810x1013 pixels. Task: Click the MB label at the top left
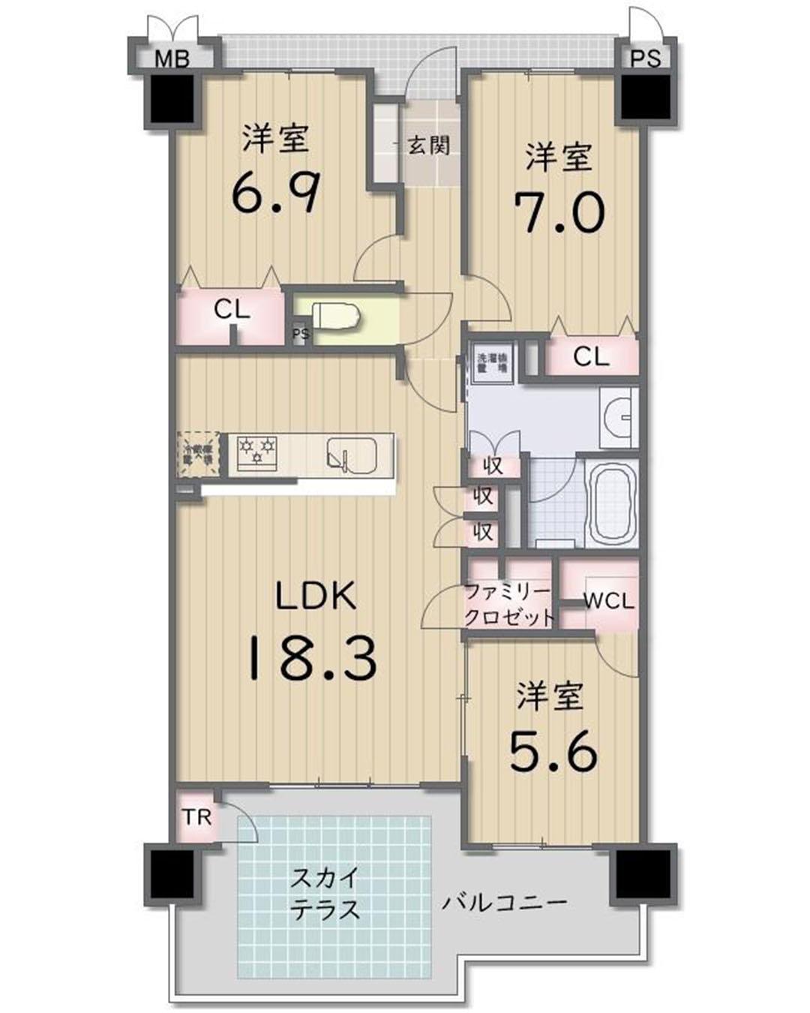[x=172, y=59]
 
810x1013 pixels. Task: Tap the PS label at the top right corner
[x=645, y=59]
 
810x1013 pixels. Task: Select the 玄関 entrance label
[x=428, y=145]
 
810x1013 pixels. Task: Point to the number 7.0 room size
[x=559, y=212]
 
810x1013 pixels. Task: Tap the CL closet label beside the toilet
[x=232, y=309]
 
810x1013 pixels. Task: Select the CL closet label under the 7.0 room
[x=591, y=357]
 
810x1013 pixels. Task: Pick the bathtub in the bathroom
[x=611, y=503]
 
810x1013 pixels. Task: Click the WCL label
[x=608, y=601]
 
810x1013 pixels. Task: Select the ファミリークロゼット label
[x=508, y=605]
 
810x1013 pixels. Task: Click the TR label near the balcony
[x=197, y=816]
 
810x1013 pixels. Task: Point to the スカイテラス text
[x=325, y=893]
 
